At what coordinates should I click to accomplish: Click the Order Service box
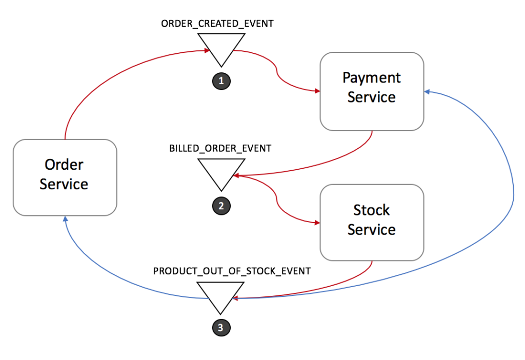65,177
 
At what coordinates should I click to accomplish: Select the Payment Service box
372,91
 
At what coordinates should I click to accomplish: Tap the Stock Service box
372,223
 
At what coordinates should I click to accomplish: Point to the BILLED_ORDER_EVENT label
220,148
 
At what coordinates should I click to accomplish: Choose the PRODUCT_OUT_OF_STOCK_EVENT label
232,271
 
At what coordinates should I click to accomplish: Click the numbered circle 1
221,81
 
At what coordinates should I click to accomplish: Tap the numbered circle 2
221,206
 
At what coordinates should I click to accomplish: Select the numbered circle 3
221,328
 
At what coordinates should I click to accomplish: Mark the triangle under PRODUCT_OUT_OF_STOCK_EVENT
221,294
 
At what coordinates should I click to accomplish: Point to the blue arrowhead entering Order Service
65,219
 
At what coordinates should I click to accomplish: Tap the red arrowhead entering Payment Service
316,91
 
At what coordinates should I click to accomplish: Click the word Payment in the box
372,78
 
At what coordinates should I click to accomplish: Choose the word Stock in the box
372,210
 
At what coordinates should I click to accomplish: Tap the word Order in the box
64,165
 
